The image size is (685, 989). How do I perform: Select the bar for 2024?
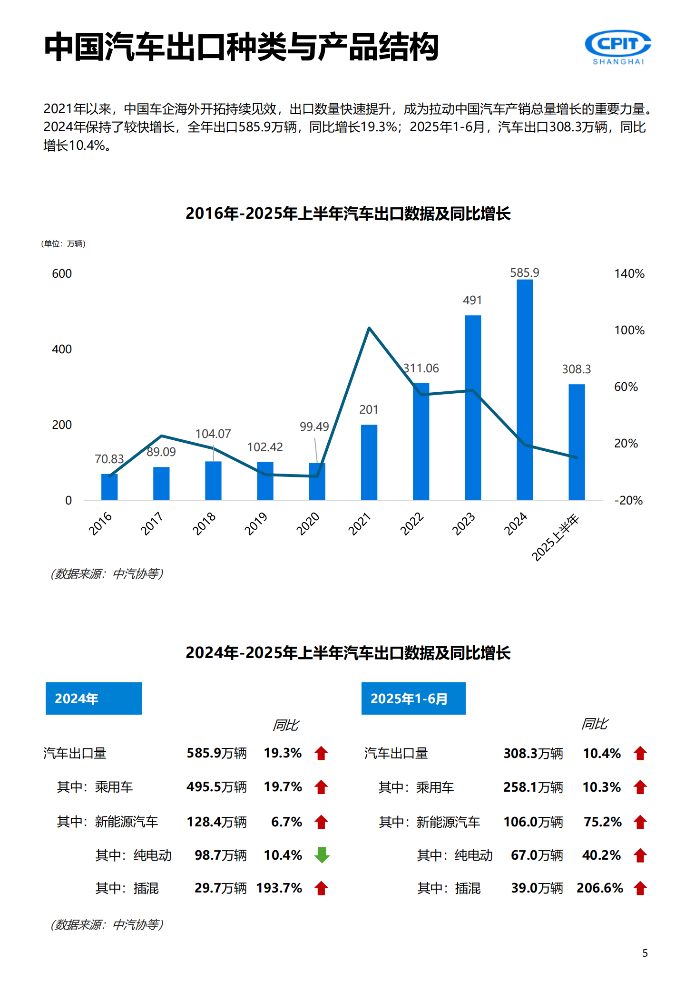pos(525,390)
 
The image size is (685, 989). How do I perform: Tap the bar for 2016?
pos(109,487)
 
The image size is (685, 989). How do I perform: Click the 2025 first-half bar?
pos(577,442)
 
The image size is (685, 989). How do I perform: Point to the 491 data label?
pos(472,301)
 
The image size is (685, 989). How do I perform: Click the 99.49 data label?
pos(314,427)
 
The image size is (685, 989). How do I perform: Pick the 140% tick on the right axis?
pos(629,274)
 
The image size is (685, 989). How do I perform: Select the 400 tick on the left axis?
pos(62,349)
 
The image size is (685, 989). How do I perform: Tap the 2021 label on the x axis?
pos(360,524)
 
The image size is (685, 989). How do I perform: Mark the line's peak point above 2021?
pos(369,328)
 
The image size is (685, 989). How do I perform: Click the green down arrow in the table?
pos(322,855)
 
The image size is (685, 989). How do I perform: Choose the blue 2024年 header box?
pos(94,698)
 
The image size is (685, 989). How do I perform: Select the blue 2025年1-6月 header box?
pos(413,698)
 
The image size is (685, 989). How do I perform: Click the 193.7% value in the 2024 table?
pos(279,888)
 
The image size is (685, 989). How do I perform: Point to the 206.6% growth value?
pos(599,888)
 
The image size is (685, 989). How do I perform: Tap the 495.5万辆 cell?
pos(216,787)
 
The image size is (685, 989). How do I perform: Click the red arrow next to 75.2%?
pos(640,822)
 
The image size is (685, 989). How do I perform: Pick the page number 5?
pos(645,953)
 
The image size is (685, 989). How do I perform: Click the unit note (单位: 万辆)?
pos(63,244)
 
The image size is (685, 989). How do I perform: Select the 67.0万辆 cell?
pos(537,855)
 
